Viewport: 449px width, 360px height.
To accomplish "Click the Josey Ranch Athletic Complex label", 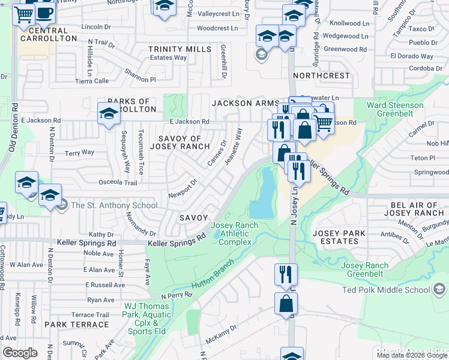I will [x=235, y=233].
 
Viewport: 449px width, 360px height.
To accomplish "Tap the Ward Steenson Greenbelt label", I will [x=395, y=110].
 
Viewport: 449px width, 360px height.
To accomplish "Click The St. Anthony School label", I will [x=114, y=205].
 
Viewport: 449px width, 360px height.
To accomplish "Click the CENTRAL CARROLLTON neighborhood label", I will [x=49, y=34].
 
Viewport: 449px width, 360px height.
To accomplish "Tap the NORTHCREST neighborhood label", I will [x=321, y=76].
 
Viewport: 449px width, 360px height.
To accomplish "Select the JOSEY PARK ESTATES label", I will [x=339, y=238].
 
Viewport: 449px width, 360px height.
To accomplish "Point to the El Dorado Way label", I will [x=411, y=56].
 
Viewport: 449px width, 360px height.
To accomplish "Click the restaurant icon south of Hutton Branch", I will [x=286, y=274].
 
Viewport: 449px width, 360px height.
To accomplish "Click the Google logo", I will [x=20, y=353].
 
